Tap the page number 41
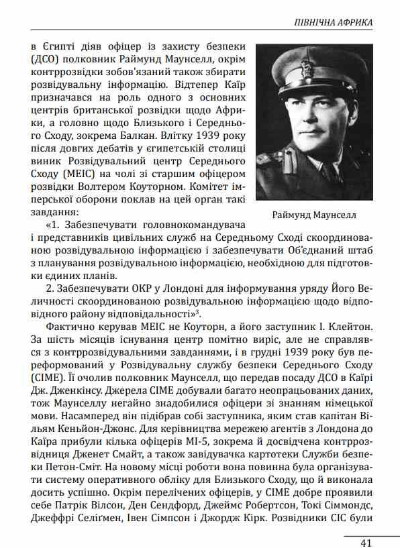point(366,541)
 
